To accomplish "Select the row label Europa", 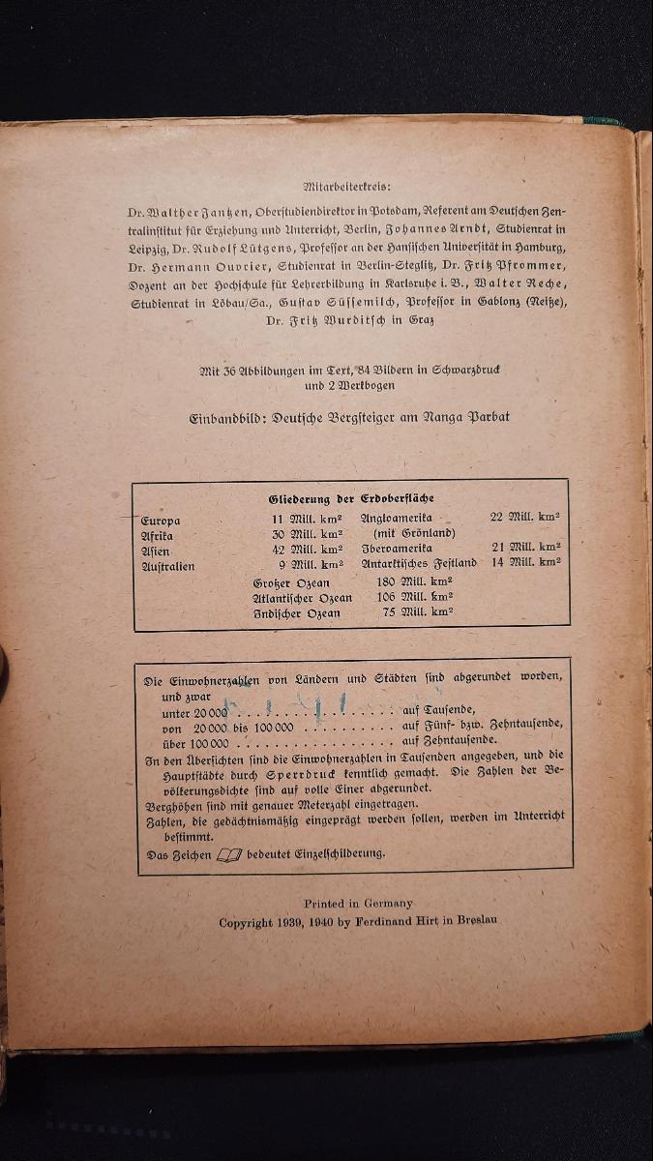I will pyautogui.click(x=161, y=521).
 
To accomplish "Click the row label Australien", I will pyautogui.click(x=168, y=566).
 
